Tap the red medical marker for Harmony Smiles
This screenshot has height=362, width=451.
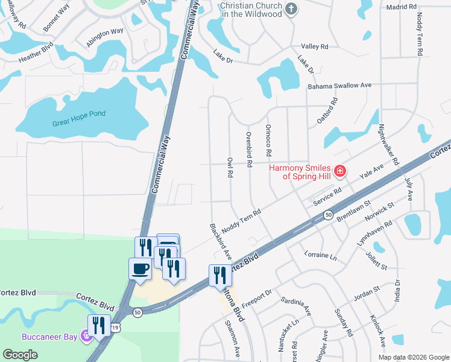point(340,172)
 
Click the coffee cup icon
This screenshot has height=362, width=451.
point(140,268)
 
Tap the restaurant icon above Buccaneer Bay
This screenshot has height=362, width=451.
point(99,325)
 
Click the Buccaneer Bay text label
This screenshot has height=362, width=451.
point(50,337)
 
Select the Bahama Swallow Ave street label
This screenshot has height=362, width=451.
point(339,86)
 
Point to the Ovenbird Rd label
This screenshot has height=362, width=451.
point(248,145)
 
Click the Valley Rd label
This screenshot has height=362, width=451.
point(314,46)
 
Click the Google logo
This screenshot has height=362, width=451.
point(20,355)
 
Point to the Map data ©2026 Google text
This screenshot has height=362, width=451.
point(413,357)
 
